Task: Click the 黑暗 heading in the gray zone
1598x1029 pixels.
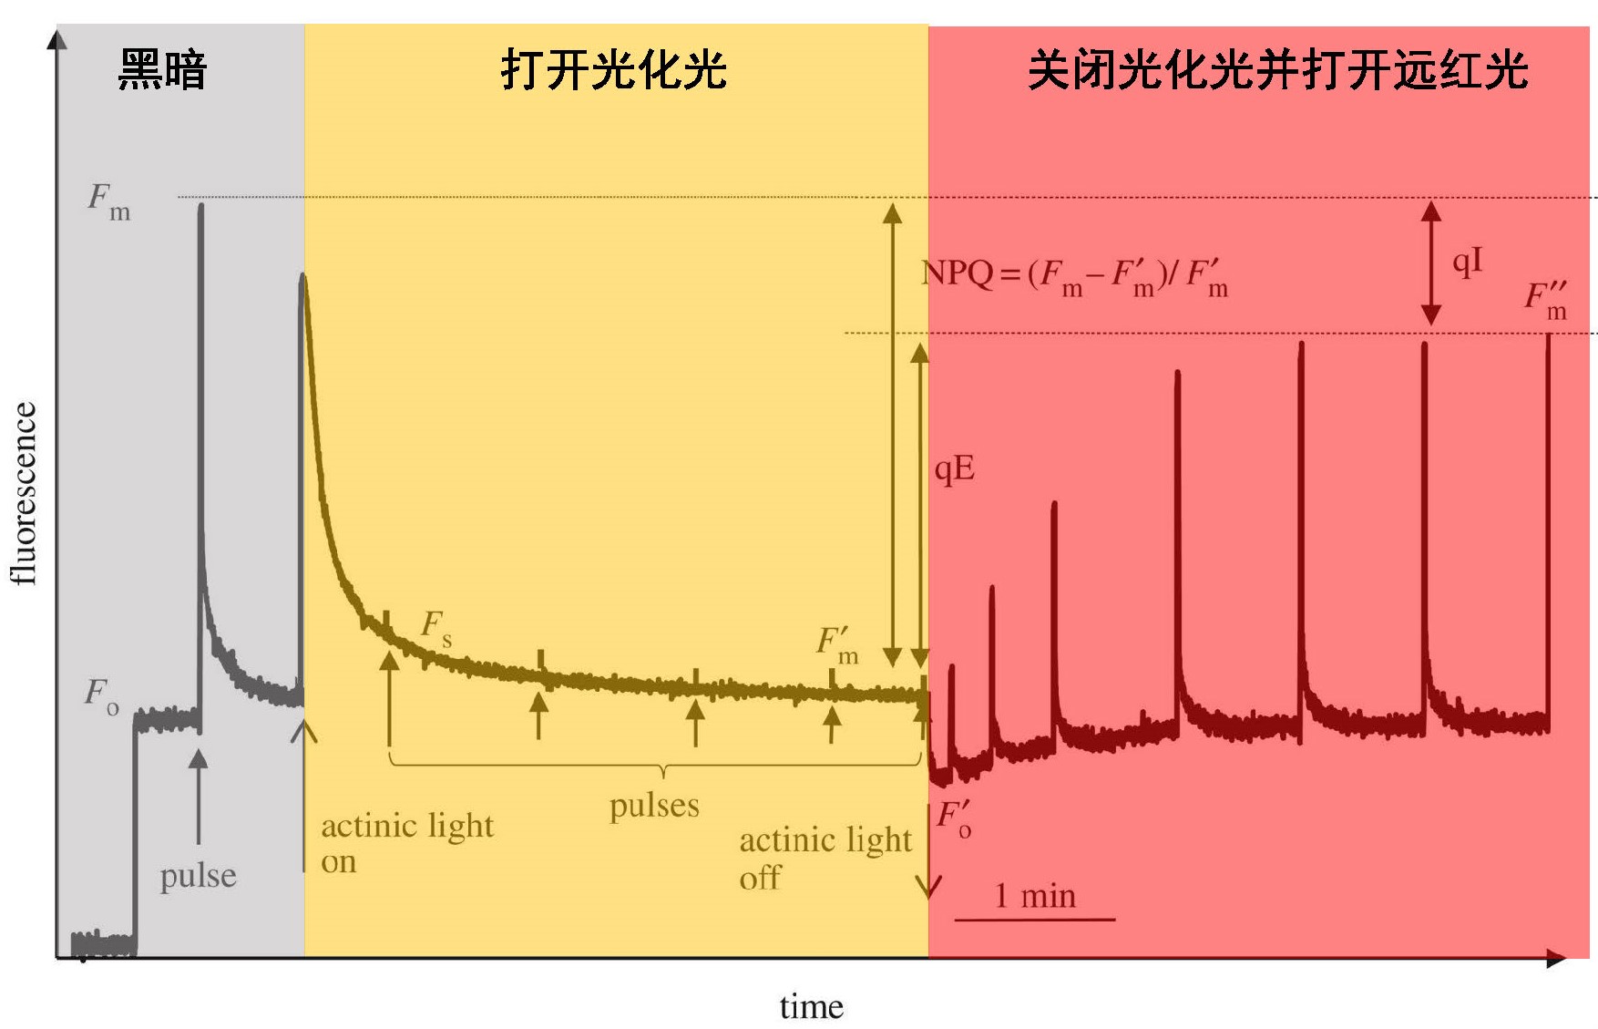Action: point(163,70)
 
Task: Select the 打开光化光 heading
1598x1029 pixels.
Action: point(613,70)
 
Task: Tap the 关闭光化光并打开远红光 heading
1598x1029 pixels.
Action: point(1277,70)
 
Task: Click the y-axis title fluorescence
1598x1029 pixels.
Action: point(25,493)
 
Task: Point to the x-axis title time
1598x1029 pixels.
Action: point(811,1007)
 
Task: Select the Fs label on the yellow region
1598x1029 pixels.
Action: point(435,627)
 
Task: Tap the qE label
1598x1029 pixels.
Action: point(955,469)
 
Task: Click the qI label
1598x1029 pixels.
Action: point(1467,262)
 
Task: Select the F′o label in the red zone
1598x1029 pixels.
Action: point(954,818)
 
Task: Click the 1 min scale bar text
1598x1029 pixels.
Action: point(1034,896)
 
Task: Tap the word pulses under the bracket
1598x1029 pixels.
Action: point(654,806)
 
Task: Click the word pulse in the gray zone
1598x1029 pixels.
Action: point(198,876)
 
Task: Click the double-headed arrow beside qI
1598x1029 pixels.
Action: point(1431,263)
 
